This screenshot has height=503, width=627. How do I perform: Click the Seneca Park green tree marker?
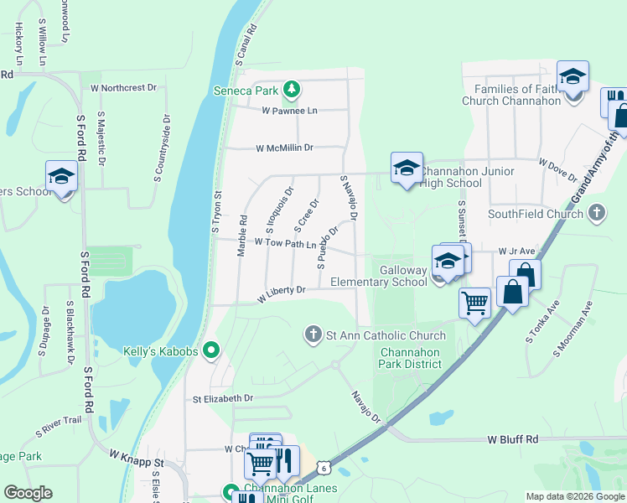click(291, 88)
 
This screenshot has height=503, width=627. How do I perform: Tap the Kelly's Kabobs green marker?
click(211, 351)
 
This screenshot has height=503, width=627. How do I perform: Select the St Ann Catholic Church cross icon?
click(313, 335)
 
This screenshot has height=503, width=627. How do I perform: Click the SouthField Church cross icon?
click(596, 214)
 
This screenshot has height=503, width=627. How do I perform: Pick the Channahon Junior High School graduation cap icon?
click(407, 168)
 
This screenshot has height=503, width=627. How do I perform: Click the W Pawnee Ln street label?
click(289, 111)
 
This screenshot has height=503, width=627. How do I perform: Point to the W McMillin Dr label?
click(284, 148)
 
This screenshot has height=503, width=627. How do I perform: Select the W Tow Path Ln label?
click(279, 244)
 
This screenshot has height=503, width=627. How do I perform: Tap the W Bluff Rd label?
click(512, 439)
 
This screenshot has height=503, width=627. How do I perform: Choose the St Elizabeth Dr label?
click(222, 399)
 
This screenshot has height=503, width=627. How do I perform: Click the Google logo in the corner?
click(28, 493)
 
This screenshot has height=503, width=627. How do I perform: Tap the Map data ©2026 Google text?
click(575, 496)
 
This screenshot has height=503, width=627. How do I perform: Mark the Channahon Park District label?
click(411, 358)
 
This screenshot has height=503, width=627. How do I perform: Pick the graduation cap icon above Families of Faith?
click(573, 77)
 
